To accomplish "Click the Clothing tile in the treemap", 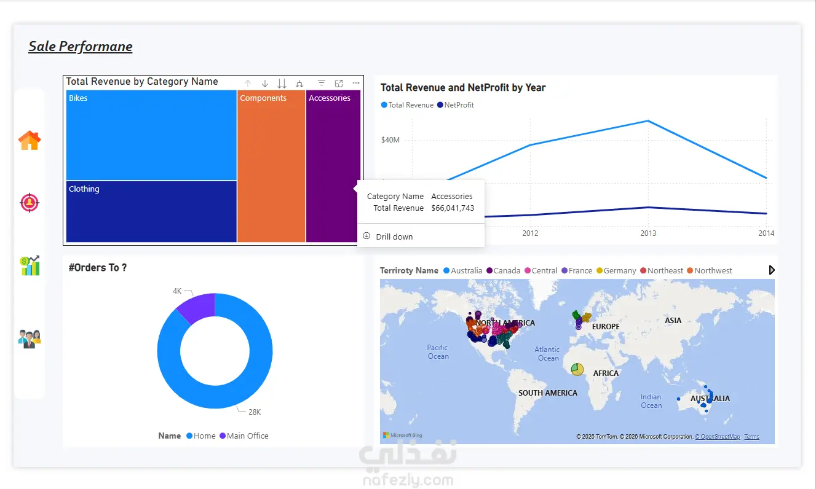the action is (151, 211).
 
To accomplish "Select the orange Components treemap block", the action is (271, 166).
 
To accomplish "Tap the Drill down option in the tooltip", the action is (394, 237).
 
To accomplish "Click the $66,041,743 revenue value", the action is (453, 208).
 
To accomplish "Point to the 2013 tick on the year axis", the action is (648, 233).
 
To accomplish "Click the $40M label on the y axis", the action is (390, 139).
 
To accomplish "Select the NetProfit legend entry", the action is (456, 105).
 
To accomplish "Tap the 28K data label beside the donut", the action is (255, 412).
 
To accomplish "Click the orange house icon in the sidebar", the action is (30, 140).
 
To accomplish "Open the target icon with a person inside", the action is (30, 203).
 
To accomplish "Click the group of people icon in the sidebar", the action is (30, 338).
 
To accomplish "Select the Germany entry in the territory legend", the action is (616, 271).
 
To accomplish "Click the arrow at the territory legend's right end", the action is (772, 270).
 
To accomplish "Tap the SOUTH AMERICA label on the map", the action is (548, 393).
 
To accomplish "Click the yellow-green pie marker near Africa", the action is (577, 369).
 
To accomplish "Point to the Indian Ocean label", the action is (651, 401).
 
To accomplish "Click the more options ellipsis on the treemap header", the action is (356, 84).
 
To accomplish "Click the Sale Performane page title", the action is (81, 47).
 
